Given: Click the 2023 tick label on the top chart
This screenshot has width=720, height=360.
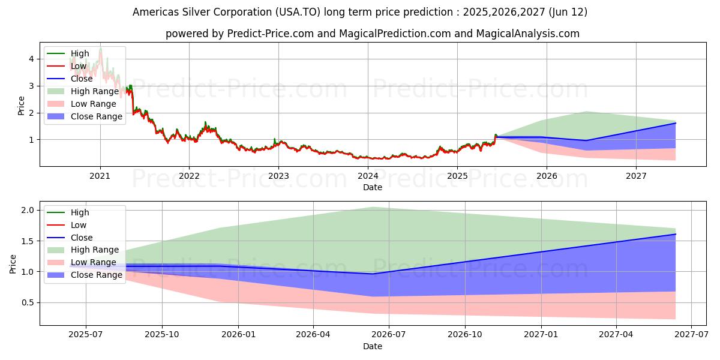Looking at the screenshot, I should pos(278,176).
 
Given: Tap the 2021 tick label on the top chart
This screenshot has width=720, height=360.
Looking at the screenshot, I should pos(100,176).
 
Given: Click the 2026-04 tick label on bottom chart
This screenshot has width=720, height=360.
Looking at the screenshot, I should pos(314,335).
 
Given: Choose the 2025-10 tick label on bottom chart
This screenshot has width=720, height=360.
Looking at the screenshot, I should pos(162,335).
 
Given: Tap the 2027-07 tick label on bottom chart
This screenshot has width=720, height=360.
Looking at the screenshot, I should pos(691,335).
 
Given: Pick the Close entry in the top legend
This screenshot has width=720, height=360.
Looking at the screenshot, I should pos(82,79).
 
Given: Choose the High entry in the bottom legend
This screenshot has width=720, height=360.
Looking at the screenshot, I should pos(80,212).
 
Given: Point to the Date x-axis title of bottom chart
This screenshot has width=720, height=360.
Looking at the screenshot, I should pos(373,346).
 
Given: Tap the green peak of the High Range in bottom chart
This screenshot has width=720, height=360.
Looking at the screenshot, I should pos(373,208).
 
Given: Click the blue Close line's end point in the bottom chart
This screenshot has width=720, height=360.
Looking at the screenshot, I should pos(675,234).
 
